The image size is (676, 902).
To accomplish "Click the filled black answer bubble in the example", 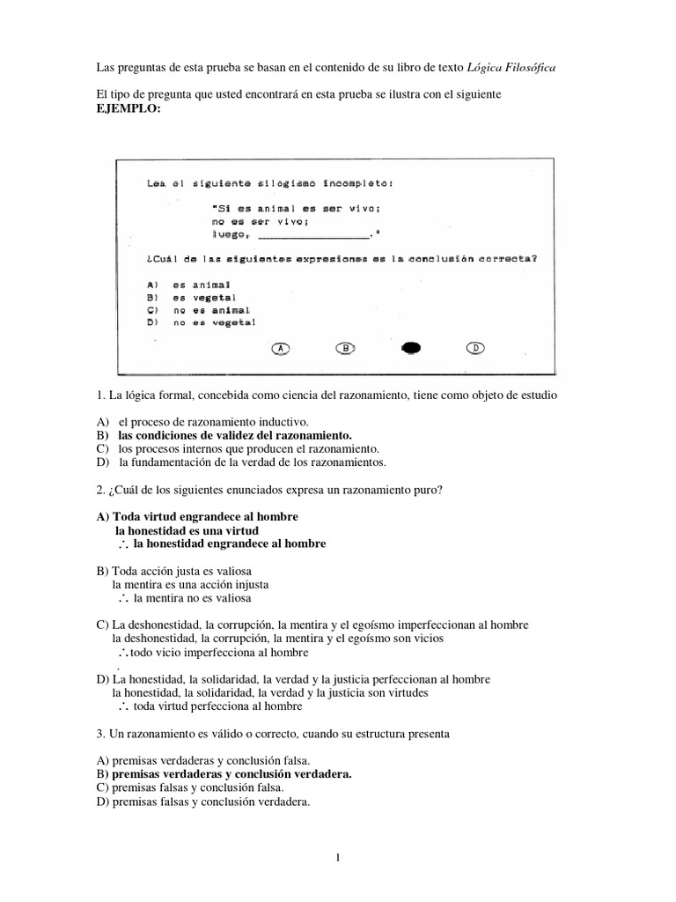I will coord(411,349).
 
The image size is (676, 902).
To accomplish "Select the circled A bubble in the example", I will coord(281,349).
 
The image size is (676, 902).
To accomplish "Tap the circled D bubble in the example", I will coord(475,349).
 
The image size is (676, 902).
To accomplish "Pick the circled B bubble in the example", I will coord(346,349).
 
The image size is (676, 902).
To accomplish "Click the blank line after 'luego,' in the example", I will coord(314,235).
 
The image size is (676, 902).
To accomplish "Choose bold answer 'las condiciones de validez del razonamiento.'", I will coord(234,435).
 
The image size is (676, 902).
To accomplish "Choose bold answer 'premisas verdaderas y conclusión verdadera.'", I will coord(230,774).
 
